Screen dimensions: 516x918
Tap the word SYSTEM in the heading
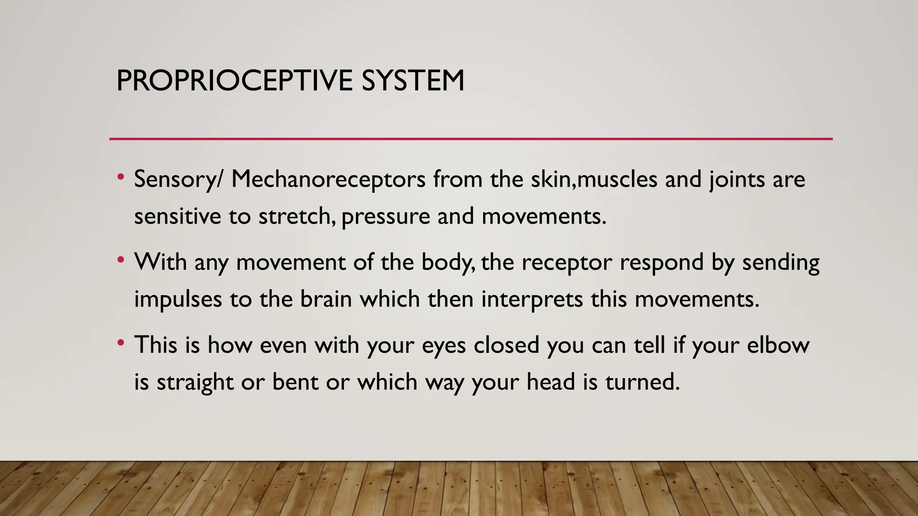click(413, 81)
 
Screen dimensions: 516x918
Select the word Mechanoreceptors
click(328, 179)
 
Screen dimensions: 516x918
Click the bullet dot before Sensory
click(120, 177)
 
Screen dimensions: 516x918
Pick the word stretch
click(296, 216)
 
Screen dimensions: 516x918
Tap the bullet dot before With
click(120, 260)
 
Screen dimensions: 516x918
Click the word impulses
click(178, 300)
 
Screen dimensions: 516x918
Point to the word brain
click(326, 299)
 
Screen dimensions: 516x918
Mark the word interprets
click(532, 300)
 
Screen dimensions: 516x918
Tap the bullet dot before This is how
click(120, 343)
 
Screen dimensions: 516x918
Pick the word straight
click(195, 383)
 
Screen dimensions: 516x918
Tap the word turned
click(642, 382)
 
